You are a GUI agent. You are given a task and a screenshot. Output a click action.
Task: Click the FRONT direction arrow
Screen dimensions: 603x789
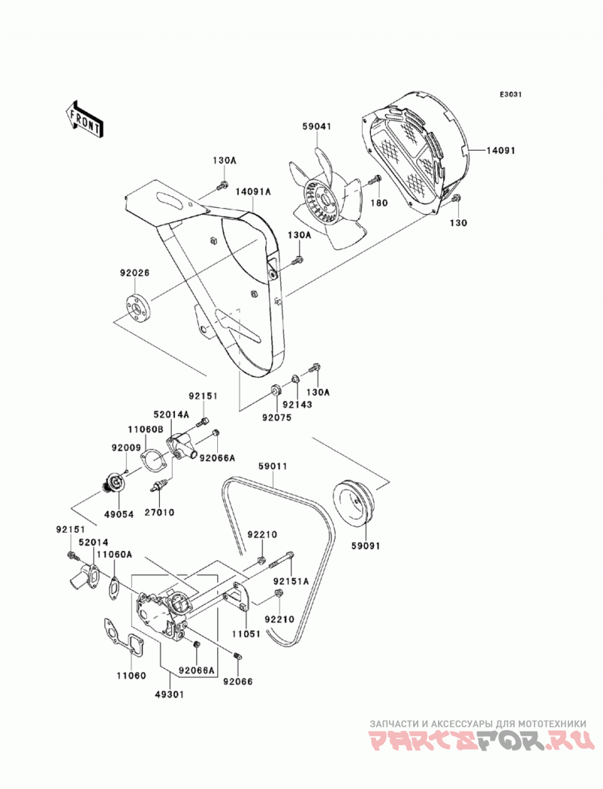tap(84, 119)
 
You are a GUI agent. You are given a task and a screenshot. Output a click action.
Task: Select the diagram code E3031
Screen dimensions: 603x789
tap(510, 94)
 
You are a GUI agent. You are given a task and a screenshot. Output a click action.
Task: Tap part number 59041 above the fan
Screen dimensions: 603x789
tap(317, 127)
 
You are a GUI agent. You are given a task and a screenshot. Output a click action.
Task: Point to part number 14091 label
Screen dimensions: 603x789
tap(500, 150)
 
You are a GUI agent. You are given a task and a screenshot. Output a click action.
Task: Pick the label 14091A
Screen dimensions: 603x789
tap(253, 191)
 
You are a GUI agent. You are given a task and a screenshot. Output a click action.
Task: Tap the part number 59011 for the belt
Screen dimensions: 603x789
tap(273, 466)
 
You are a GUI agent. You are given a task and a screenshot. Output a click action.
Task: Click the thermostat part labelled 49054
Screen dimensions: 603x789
tap(115, 484)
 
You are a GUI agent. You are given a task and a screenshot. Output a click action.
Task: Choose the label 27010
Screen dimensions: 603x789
tap(159, 512)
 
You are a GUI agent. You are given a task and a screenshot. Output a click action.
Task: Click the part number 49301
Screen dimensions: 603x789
tap(170, 694)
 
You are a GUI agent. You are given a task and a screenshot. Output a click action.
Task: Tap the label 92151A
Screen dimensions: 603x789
tap(291, 581)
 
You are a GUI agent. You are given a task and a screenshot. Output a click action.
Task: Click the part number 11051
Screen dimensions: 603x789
tap(246, 634)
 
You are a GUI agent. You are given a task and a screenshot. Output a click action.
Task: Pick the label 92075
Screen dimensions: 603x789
tap(276, 417)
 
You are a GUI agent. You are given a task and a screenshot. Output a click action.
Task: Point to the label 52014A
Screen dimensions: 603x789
tap(171, 414)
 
